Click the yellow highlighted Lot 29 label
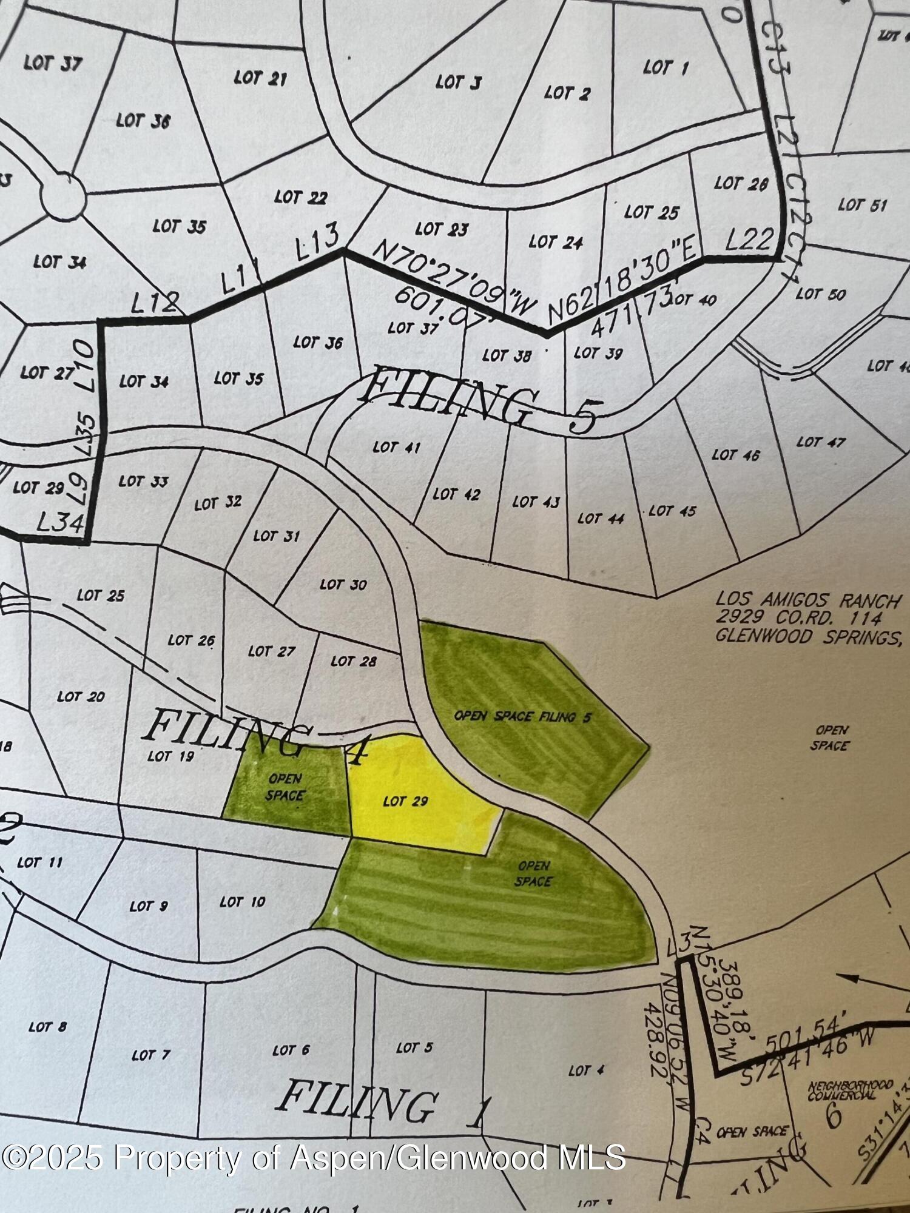(x=405, y=801)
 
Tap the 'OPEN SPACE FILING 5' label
(x=523, y=716)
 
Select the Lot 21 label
(x=260, y=78)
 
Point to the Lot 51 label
(x=862, y=205)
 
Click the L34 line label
(x=60, y=522)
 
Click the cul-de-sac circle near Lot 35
(x=63, y=194)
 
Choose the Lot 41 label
(x=396, y=448)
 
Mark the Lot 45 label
(x=672, y=511)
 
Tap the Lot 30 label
(x=343, y=585)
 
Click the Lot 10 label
(x=242, y=902)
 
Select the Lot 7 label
(x=150, y=1055)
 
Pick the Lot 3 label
(x=458, y=82)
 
